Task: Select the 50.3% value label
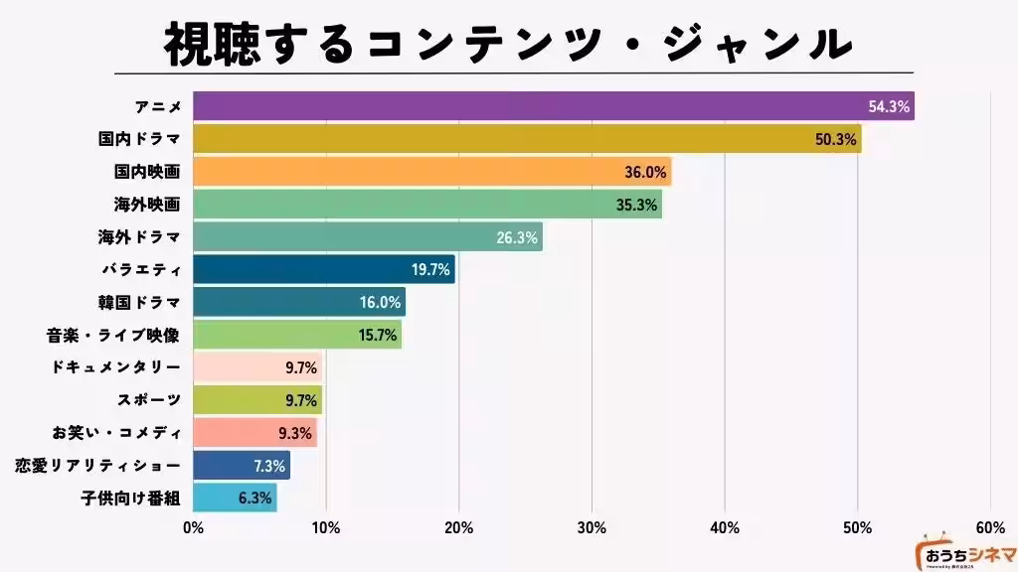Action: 835,139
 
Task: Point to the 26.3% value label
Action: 516,237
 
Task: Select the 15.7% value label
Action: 379,335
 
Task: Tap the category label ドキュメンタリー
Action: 115,367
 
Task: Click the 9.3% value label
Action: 296,433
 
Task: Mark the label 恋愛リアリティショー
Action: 98,465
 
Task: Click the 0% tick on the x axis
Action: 194,527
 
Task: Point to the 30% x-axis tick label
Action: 592,527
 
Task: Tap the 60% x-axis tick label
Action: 990,527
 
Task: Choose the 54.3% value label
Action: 889,106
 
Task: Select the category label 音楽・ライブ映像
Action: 112,335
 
